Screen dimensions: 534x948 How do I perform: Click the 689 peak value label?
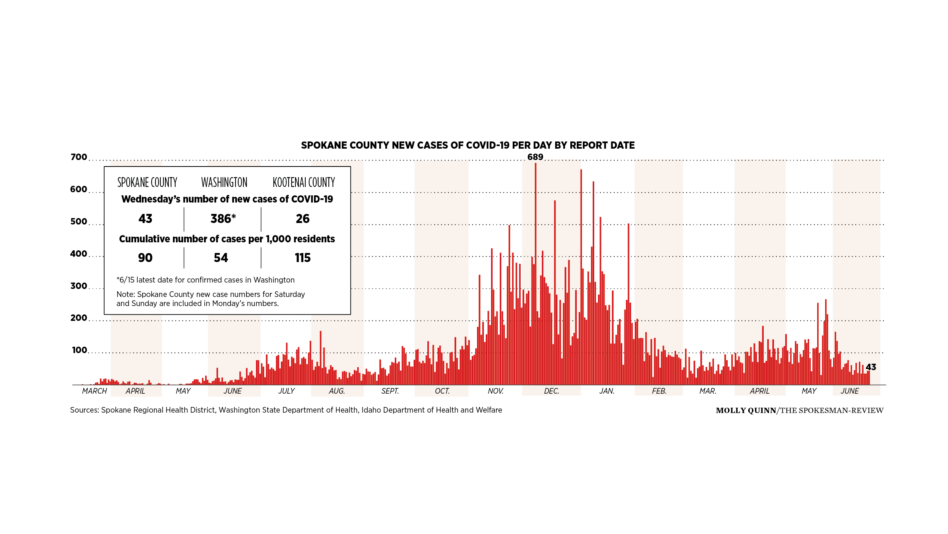(x=535, y=157)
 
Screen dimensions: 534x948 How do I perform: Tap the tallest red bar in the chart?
(x=535, y=273)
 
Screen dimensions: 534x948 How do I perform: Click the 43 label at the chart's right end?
(x=871, y=367)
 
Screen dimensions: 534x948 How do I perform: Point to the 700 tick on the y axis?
(x=78, y=157)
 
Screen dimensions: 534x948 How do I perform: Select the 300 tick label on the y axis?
(x=78, y=286)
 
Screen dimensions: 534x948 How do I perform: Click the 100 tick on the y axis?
(x=79, y=350)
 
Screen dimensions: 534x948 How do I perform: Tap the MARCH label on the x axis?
(x=94, y=391)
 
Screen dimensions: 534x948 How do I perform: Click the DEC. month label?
(x=551, y=391)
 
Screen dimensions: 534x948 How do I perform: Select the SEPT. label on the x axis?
(x=390, y=391)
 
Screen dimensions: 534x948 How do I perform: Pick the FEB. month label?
(x=659, y=391)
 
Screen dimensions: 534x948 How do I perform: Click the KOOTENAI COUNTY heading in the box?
(x=304, y=182)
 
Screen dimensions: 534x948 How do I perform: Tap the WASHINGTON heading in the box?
(x=224, y=182)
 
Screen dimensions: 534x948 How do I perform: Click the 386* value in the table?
(x=223, y=219)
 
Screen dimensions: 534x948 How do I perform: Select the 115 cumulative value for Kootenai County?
(x=303, y=258)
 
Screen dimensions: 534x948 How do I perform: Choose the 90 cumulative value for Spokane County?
(x=145, y=258)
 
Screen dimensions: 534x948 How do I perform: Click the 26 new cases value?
(x=303, y=219)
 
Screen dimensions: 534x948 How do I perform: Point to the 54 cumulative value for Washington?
(x=221, y=258)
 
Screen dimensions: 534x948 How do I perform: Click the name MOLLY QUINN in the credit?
(x=746, y=410)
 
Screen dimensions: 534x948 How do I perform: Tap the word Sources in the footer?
(x=84, y=410)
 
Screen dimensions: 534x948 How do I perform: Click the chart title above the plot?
(x=468, y=145)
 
